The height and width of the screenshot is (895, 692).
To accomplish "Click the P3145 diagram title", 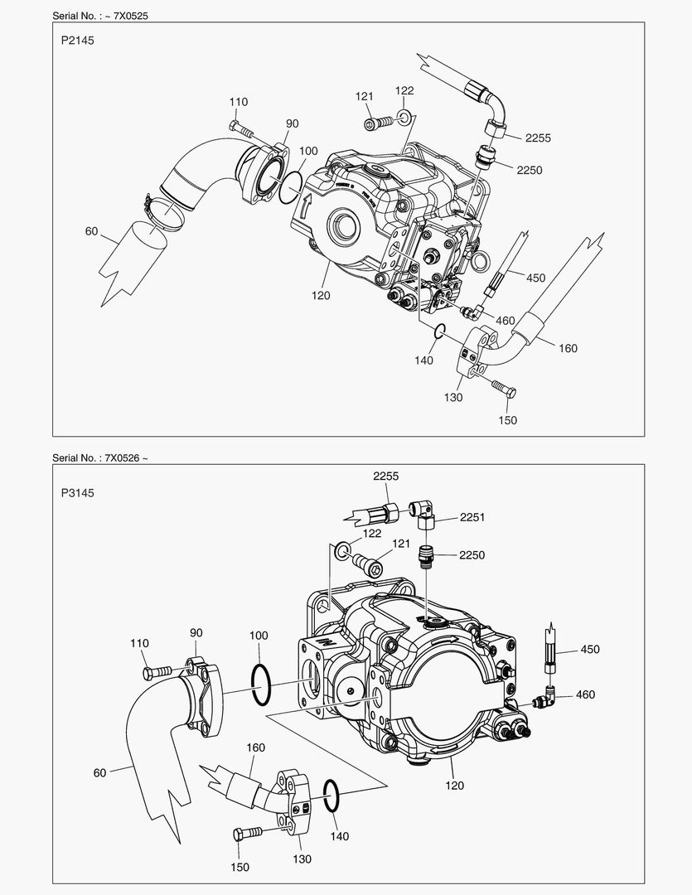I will coord(77,492).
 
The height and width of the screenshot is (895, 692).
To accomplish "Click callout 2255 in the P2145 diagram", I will coord(537,138).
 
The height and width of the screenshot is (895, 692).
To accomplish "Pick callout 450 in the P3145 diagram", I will coord(589,649).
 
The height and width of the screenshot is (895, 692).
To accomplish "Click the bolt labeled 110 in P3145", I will coord(158,670).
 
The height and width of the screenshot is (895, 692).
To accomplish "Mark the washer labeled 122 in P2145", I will coord(404,115).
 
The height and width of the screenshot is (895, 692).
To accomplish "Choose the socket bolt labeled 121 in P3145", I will coord(370,568).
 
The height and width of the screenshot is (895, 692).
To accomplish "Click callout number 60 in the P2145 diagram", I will coord(91,231).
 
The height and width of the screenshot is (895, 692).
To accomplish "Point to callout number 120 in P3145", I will coord(454,785).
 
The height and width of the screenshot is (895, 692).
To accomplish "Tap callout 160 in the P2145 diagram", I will coord(567,348).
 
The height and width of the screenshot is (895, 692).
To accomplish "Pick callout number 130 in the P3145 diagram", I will coord(302,859).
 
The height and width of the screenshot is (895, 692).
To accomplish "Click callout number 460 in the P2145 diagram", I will coord(505,321).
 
